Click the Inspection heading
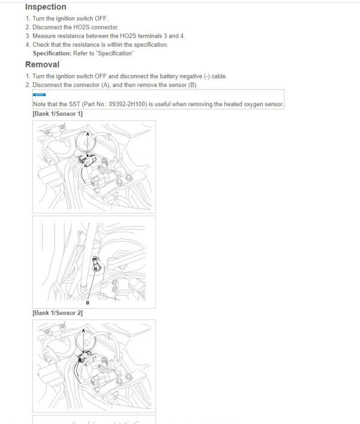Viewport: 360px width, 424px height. click(x=46, y=7)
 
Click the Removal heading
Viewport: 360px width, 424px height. click(x=42, y=64)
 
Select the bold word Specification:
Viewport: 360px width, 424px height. click(x=53, y=53)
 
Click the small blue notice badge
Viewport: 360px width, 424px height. click(x=39, y=95)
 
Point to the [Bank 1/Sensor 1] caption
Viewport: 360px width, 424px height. click(x=58, y=114)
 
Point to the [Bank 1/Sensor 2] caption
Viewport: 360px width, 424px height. click(x=58, y=313)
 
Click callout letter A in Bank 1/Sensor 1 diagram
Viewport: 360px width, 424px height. click(x=88, y=135)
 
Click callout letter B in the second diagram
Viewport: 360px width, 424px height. click(x=88, y=303)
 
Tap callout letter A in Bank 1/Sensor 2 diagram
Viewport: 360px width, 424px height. click(x=83, y=331)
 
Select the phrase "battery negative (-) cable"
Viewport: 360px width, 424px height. click(x=192, y=76)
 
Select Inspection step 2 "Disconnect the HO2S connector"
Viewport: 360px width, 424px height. click(x=75, y=28)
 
